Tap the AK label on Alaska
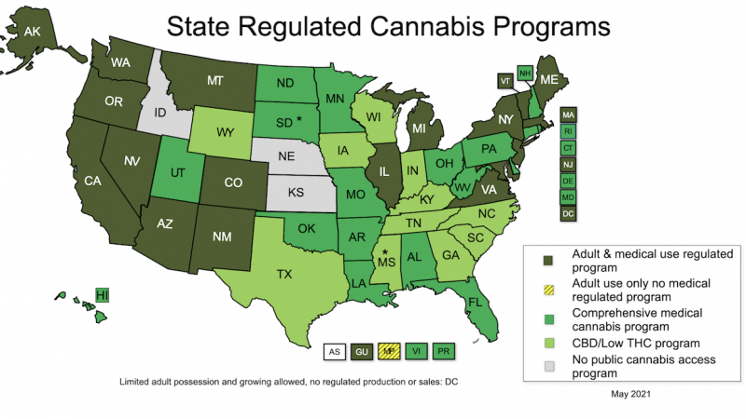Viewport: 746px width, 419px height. [x=32, y=32]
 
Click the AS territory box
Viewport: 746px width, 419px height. [x=333, y=352]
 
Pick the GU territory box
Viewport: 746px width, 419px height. [x=363, y=352]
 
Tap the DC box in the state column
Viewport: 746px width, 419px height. [x=567, y=213]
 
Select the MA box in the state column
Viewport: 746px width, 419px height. [x=567, y=114]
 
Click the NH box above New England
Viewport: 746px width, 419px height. [x=525, y=73]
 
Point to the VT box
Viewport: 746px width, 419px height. [x=505, y=81]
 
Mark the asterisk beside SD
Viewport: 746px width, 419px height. [x=299, y=119]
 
